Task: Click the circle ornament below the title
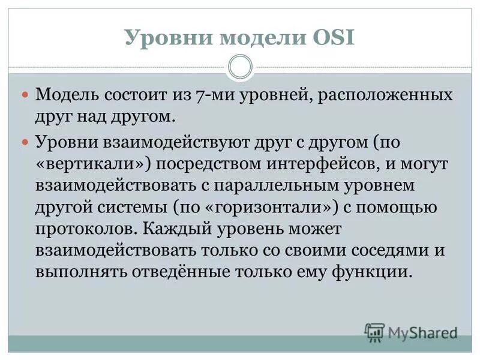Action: click(x=240, y=67)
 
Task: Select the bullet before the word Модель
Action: click(x=25, y=95)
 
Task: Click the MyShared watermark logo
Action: click(x=410, y=332)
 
